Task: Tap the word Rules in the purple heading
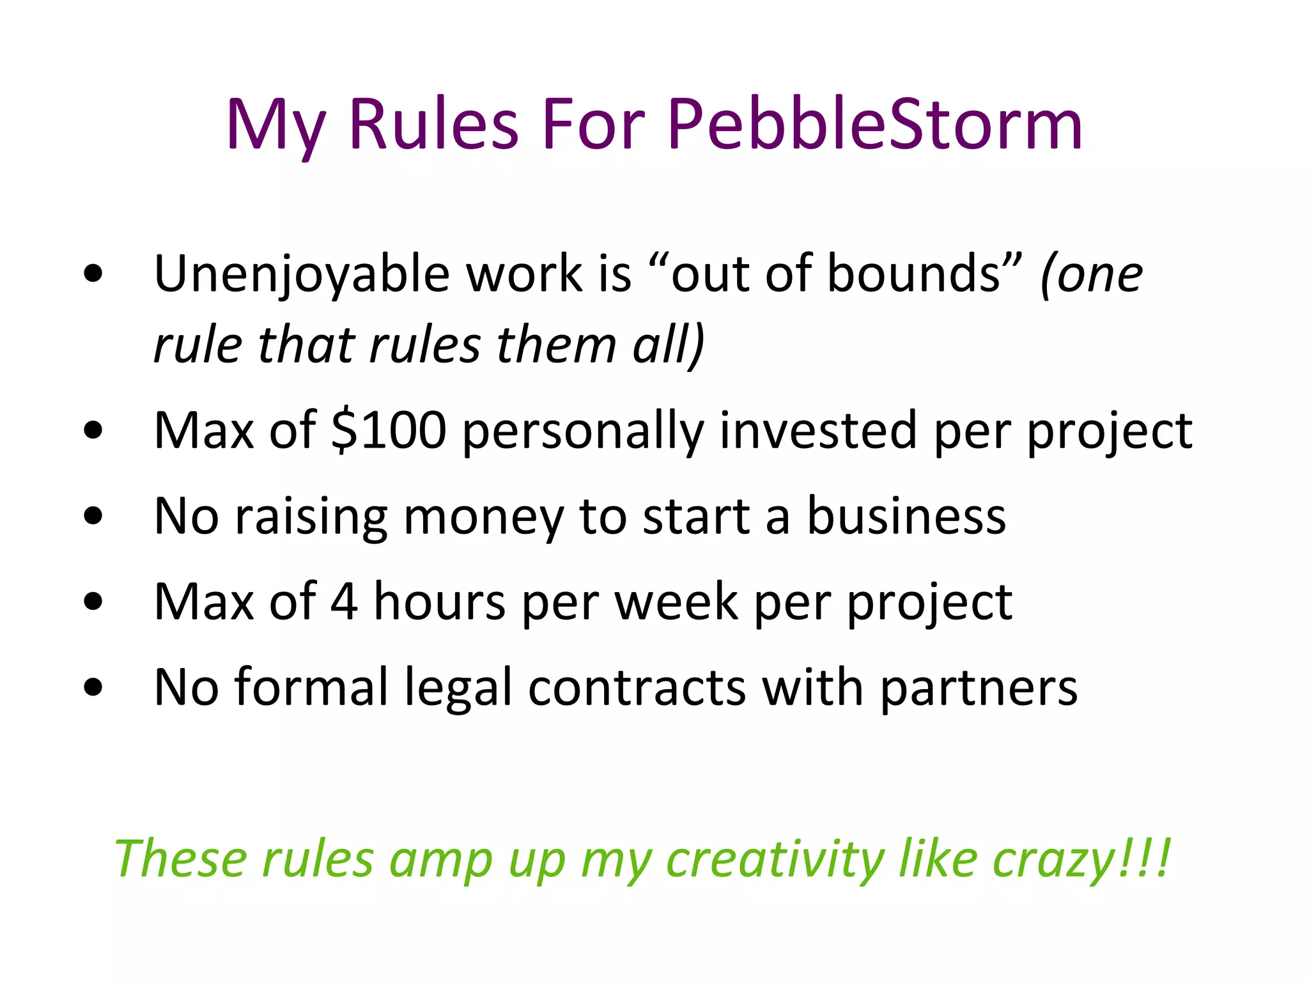pyautogui.click(x=433, y=125)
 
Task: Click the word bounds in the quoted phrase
pyautogui.click(x=914, y=274)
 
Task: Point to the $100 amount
pyautogui.click(x=389, y=430)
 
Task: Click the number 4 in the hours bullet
pyautogui.click(x=344, y=602)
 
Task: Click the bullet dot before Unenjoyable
pyautogui.click(x=93, y=274)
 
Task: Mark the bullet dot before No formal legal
pyautogui.click(x=93, y=687)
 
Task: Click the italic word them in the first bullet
pyautogui.click(x=555, y=345)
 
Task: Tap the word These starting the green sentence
pyautogui.click(x=180, y=859)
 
